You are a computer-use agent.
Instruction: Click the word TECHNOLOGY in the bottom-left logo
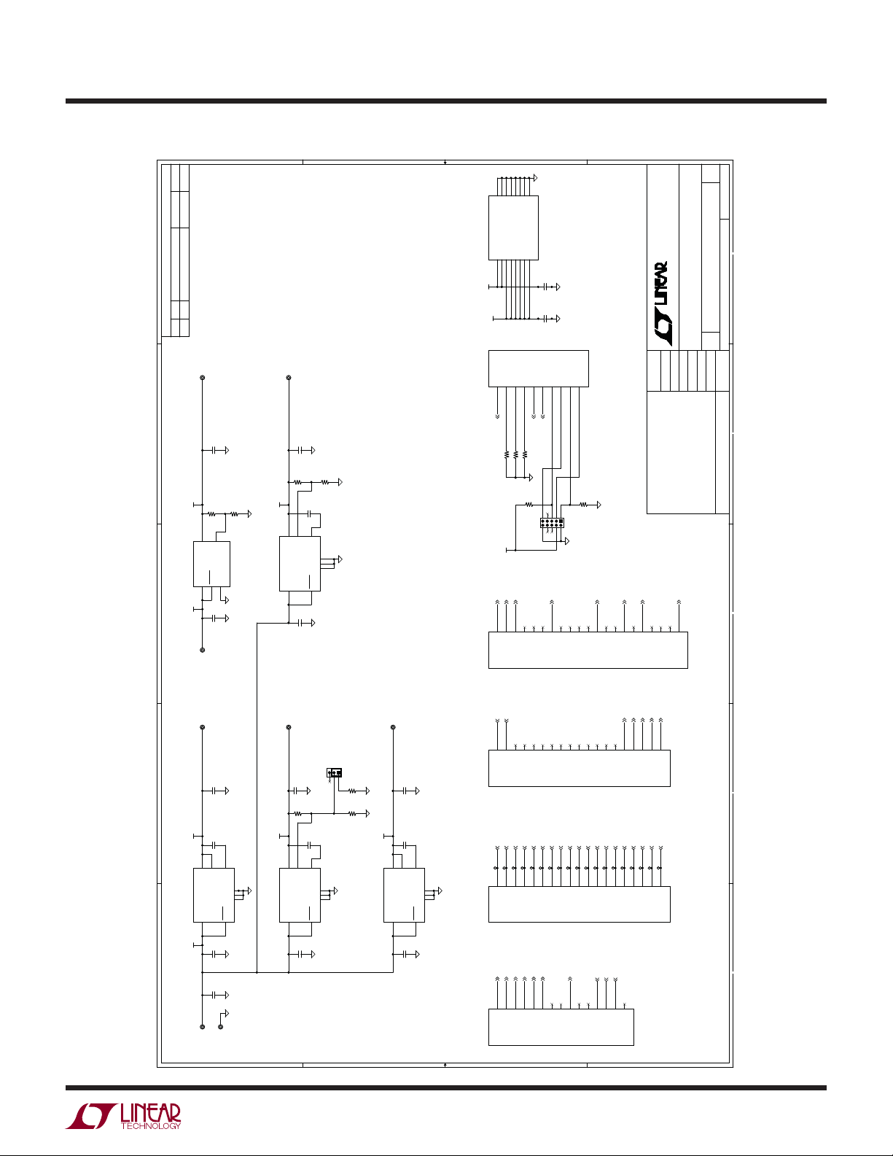click(151, 1125)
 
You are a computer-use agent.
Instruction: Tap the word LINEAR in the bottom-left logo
click(151, 1112)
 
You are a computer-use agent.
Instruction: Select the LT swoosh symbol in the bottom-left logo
click(91, 1116)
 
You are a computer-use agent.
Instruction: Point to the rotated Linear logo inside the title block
click(660, 303)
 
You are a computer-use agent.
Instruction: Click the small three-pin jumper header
click(334, 772)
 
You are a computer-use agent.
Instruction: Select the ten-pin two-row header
click(552, 523)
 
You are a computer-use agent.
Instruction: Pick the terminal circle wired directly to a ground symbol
click(221, 1027)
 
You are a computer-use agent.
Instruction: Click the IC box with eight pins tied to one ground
click(513, 228)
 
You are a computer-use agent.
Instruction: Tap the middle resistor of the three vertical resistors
click(515, 455)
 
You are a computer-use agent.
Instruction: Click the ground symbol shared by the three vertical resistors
click(531, 478)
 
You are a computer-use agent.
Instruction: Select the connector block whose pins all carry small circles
click(580, 904)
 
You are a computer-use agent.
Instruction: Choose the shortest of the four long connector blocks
click(561, 1027)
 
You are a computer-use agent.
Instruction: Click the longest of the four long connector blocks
click(588, 650)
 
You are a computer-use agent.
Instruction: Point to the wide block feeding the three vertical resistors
click(539, 368)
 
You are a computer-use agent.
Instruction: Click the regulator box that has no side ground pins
click(211, 564)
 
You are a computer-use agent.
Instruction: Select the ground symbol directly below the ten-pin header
click(567, 541)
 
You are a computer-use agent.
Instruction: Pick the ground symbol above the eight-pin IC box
click(535, 178)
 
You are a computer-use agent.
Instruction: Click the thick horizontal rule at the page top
click(446, 101)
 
